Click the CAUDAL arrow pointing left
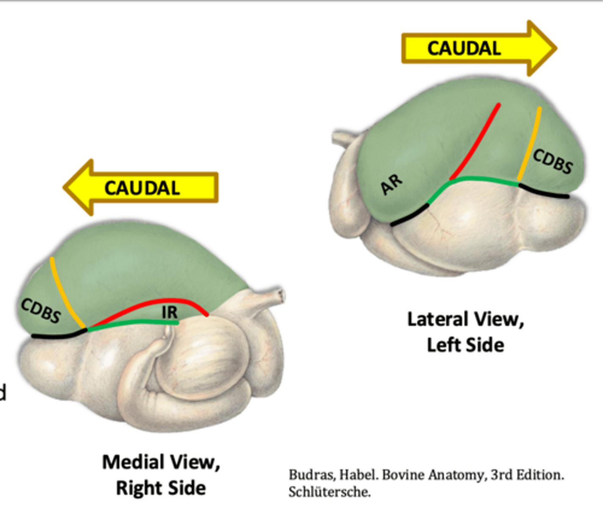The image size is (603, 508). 141,188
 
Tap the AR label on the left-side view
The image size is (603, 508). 391,185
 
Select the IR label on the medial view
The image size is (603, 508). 170,312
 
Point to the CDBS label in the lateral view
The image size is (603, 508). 552,161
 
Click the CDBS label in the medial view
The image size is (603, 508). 41,310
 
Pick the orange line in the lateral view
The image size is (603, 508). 529,144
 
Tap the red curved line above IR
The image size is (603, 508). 161,302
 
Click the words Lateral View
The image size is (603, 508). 465,319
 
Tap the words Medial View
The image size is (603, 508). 161,462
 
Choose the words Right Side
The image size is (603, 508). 161,488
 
